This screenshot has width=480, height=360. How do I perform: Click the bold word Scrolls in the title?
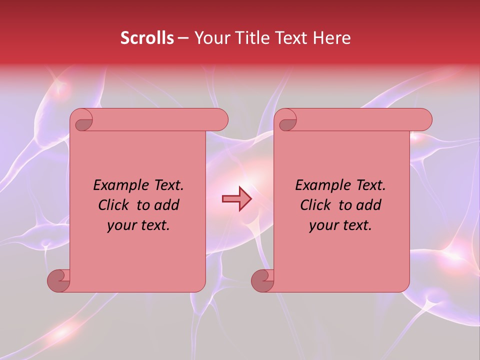[x=147, y=38]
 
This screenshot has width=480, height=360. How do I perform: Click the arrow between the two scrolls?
[x=237, y=199]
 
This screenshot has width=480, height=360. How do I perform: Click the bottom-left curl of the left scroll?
[x=59, y=280]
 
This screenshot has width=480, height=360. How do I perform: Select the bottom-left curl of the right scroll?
[x=263, y=280]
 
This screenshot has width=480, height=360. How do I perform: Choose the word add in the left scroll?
[x=167, y=205]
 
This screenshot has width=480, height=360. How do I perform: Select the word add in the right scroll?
[x=369, y=205]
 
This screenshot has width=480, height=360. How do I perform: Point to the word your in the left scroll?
[x=120, y=225]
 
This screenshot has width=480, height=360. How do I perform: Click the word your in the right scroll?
[x=322, y=225]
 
